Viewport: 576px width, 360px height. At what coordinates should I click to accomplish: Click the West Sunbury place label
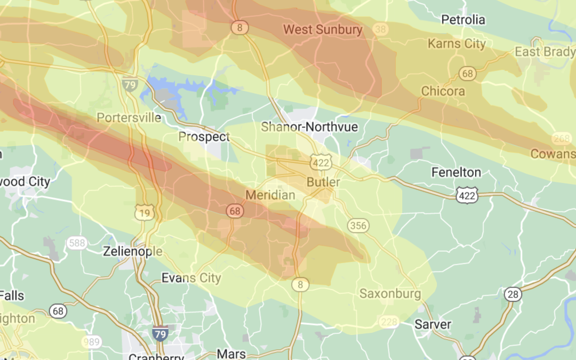(x=323, y=29)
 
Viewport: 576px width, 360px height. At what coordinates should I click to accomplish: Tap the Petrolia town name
(x=463, y=20)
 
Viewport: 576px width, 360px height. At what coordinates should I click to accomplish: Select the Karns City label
(x=457, y=44)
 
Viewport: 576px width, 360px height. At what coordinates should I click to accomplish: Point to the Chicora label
(x=443, y=91)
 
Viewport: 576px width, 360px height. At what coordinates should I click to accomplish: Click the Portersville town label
(x=129, y=118)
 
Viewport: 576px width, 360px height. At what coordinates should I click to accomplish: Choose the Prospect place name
(x=204, y=137)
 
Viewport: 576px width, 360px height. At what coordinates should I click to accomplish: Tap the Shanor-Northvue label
(x=309, y=127)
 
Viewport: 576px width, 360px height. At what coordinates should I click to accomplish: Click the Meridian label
(x=270, y=195)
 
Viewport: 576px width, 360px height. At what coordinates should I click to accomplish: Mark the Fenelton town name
(x=456, y=172)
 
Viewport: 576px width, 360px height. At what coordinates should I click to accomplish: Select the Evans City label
(x=191, y=278)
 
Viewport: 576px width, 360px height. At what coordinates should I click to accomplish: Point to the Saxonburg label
(x=390, y=293)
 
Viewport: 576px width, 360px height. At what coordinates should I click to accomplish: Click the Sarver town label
(x=433, y=324)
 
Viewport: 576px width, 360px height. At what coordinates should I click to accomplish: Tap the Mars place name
(x=231, y=354)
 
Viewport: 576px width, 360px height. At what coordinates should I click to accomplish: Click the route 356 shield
(x=358, y=226)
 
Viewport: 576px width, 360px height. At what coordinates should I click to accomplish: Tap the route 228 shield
(x=388, y=322)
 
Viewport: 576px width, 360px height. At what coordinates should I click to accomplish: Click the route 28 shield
(x=513, y=294)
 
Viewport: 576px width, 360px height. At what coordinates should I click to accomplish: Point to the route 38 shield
(x=380, y=29)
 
